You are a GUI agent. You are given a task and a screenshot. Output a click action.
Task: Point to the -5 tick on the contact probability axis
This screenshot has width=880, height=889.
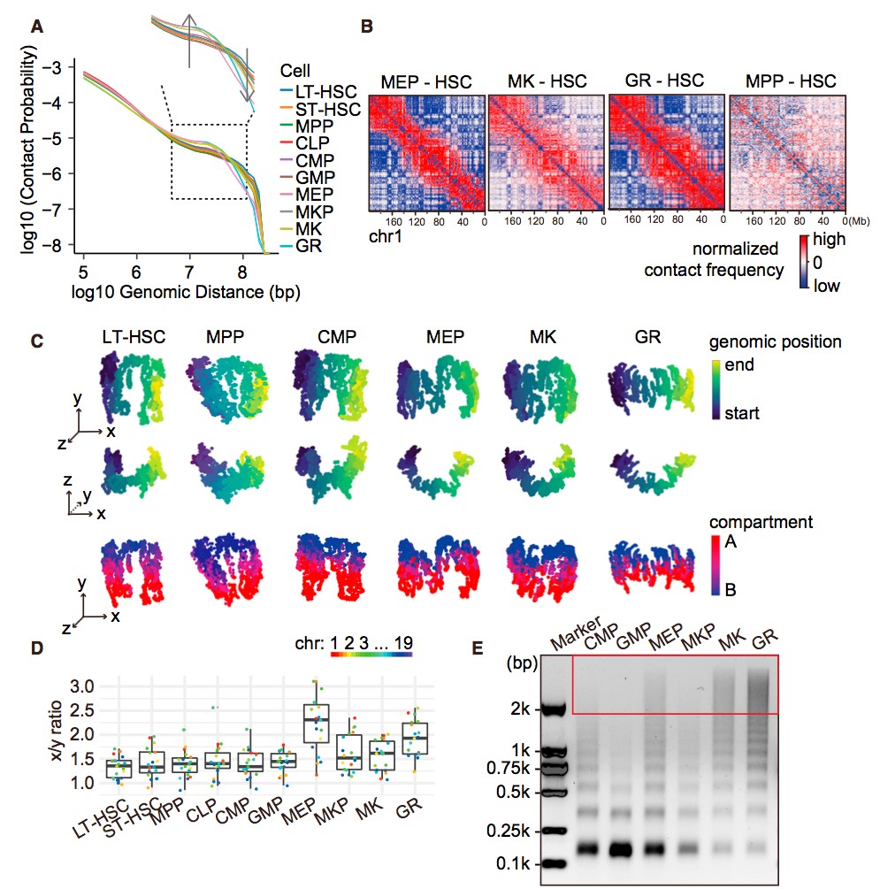tap(57, 138)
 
